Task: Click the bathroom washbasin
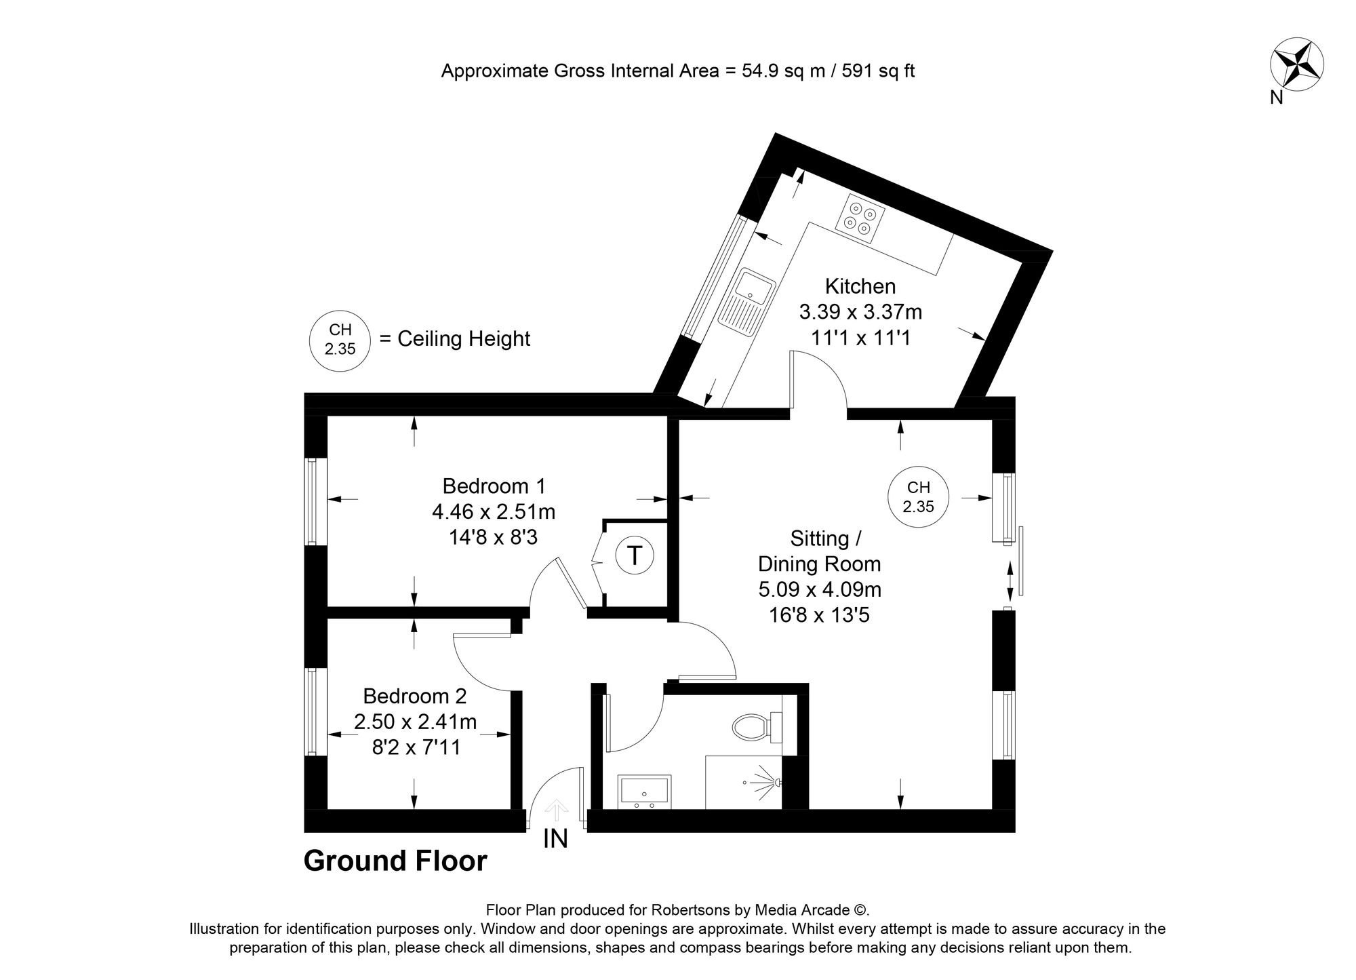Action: (644, 792)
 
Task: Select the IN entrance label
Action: (555, 840)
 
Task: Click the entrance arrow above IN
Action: (557, 810)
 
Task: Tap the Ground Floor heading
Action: (395, 861)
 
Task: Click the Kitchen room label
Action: (860, 286)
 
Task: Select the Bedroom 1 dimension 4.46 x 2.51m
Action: (494, 512)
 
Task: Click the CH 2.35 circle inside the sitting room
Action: (918, 496)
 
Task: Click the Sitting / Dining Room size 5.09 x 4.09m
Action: (819, 589)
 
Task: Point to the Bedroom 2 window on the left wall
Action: (311, 711)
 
